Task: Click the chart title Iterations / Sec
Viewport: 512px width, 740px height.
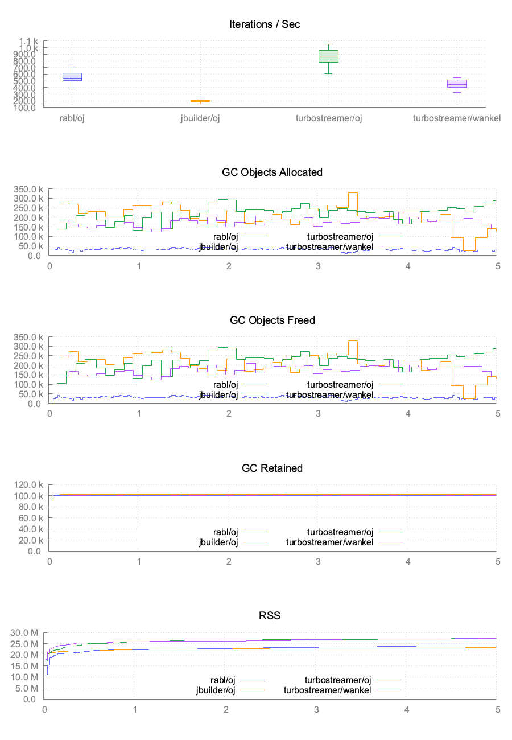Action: (x=265, y=24)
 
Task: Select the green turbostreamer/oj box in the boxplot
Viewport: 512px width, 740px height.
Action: (x=328, y=56)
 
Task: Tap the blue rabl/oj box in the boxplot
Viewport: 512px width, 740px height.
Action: (x=72, y=77)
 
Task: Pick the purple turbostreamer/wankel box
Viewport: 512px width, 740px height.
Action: (x=457, y=84)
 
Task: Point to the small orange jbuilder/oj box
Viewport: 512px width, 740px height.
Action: (x=200, y=101)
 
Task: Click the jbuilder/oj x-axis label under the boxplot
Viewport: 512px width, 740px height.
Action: (x=200, y=118)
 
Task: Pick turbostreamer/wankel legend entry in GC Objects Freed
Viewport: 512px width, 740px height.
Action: (x=330, y=394)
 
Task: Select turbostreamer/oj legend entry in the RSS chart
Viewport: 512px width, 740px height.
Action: (x=338, y=680)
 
